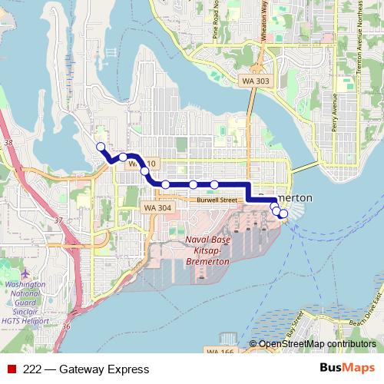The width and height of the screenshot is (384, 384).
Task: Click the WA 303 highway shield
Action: (256, 81)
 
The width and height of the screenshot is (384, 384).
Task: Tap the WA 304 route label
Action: (157, 207)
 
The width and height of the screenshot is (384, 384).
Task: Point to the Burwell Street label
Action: (216, 200)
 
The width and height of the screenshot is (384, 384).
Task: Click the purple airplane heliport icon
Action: (27, 273)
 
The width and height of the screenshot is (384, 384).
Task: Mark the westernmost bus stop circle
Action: (100, 146)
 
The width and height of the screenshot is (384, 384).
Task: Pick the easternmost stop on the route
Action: (284, 214)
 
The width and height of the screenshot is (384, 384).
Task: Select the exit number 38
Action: (8, 143)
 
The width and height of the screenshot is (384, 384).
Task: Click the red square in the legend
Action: (12, 369)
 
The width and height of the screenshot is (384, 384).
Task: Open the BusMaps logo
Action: (347, 369)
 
